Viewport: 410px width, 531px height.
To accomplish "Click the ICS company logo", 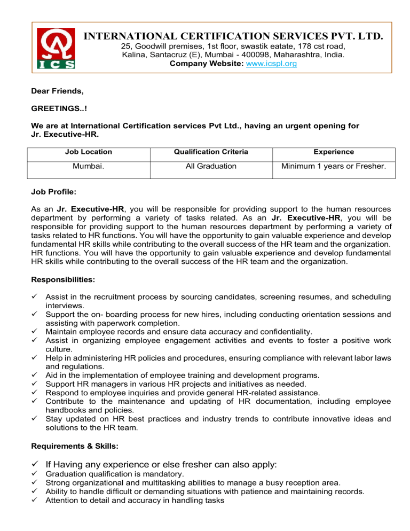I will (55, 49).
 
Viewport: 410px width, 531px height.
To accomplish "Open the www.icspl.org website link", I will (272, 63).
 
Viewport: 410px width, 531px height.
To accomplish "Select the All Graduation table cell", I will (211, 166).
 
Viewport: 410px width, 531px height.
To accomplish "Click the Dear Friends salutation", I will (57, 92).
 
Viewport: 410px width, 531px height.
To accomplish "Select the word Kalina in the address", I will (133, 54).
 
